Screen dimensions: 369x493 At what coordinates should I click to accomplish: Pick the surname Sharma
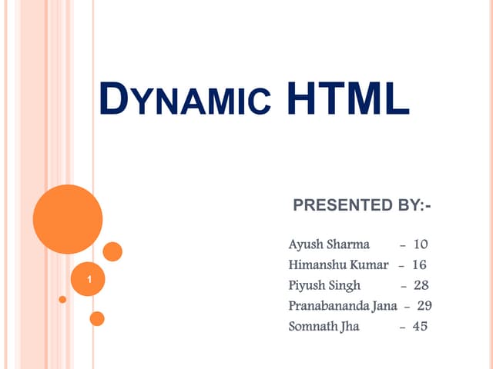pos(347,245)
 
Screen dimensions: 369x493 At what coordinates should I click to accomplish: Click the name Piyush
pos(305,286)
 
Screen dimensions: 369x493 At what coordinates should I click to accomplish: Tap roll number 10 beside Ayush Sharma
pos(421,245)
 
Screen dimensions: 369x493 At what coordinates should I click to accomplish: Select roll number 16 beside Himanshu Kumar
pos(419,265)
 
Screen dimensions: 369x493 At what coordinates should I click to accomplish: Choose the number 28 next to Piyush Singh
pos(421,286)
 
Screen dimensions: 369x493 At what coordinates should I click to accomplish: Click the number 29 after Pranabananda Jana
pos(424,306)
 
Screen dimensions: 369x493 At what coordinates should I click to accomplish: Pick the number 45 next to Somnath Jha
pos(421,326)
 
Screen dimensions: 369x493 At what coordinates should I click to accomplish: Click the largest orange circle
pos(68,220)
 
